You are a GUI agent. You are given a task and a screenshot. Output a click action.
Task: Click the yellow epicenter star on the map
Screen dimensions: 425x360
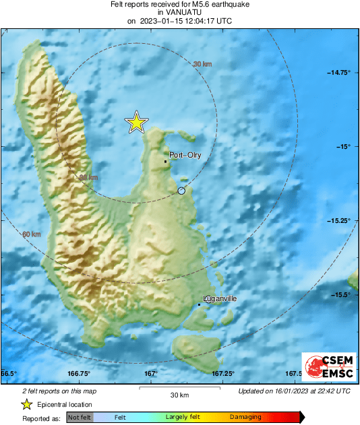click(136, 123)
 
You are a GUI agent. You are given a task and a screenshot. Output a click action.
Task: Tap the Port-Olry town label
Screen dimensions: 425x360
click(185, 155)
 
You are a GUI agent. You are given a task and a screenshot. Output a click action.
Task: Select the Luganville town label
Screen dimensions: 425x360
click(220, 298)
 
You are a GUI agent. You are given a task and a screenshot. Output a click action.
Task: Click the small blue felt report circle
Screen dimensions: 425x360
click(181, 192)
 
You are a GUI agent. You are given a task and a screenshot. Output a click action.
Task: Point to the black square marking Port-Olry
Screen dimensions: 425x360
click(166, 162)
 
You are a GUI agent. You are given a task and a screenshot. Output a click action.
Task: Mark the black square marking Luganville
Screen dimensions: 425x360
click(200, 305)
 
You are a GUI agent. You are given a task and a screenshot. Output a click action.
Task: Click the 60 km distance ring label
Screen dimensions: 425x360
click(32, 234)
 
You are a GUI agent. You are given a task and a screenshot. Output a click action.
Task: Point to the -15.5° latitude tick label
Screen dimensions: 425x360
click(341, 294)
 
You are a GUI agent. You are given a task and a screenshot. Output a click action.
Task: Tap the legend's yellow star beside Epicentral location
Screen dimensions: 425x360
click(26, 404)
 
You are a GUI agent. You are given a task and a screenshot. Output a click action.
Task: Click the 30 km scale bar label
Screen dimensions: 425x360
click(179, 395)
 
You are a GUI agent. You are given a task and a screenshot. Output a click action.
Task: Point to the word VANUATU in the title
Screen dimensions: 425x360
click(179, 12)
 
